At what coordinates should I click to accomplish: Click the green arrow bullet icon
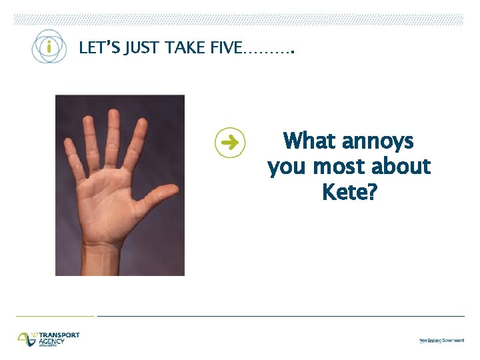pos(230,142)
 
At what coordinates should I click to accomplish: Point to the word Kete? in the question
pos(349,192)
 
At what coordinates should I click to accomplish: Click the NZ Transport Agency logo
pos(49,339)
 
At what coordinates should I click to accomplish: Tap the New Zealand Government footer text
pos(441,340)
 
